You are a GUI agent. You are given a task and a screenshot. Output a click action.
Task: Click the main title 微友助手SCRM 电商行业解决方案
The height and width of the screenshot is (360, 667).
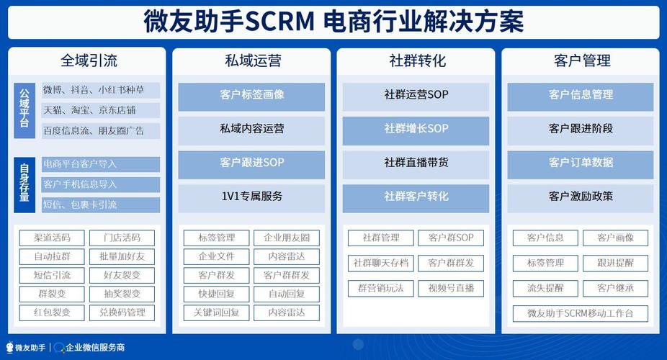point(333,22)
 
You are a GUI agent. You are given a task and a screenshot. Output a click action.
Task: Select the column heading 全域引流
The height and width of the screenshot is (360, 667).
point(89,60)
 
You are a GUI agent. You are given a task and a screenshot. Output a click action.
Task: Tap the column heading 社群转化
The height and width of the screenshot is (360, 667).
point(417,60)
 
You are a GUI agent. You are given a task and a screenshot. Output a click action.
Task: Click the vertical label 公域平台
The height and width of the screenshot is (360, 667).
point(24,110)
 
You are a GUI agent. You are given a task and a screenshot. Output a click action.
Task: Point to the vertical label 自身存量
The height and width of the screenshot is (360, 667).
point(24,185)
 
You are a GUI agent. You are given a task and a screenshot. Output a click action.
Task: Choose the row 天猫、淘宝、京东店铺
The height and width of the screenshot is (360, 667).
point(101,110)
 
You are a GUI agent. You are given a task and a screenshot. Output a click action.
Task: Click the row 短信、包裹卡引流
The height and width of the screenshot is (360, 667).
point(101,205)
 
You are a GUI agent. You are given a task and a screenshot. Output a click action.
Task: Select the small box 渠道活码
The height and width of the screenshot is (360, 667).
point(52,238)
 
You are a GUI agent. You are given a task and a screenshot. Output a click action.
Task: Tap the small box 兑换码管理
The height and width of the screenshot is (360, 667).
point(122,312)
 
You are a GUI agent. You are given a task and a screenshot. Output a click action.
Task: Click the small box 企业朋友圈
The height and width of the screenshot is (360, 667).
point(287,238)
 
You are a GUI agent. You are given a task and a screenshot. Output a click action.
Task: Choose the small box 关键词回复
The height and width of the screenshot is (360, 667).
point(217,312)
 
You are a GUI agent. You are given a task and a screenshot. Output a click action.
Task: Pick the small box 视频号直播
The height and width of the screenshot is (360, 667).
point(451,289)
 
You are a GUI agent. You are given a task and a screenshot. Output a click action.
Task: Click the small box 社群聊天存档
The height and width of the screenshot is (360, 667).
point(381,263)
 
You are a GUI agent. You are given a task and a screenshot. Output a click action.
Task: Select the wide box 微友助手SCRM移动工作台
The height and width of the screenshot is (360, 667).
point(581,314)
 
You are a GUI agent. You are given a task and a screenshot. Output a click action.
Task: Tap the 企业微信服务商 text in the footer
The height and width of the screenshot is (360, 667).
point(95,348)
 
